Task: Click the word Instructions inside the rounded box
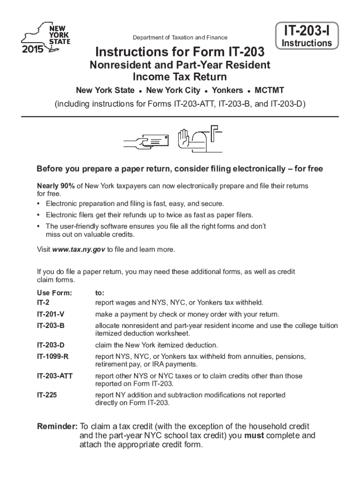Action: [306, 44]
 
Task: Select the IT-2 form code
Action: [43, 302]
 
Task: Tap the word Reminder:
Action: [58, 427]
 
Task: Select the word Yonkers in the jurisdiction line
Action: [227, 90]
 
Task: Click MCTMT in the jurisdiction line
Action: [269, 90]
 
